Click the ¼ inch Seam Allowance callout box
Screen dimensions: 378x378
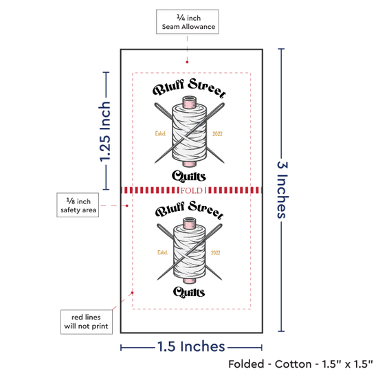188,22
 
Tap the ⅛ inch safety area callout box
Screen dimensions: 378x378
78,205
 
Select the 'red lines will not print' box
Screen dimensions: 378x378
87,322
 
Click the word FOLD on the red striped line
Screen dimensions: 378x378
192,190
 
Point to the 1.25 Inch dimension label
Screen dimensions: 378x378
105,131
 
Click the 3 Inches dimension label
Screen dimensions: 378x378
282,190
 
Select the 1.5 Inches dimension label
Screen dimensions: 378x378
191,346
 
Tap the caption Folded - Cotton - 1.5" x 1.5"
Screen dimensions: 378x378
300,364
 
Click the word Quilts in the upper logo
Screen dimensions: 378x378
189,176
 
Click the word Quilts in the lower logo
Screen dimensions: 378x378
189,292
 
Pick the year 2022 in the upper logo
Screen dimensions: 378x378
217,134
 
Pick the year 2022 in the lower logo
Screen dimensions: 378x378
216,252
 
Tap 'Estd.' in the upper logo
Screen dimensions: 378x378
160,133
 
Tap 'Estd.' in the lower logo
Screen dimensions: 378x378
162,252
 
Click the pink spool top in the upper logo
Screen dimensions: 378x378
190,102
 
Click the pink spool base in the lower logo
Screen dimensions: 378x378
189,280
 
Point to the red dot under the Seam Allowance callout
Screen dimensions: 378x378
187,62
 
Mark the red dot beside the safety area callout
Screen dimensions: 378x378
127,205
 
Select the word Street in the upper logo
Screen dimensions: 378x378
207,88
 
